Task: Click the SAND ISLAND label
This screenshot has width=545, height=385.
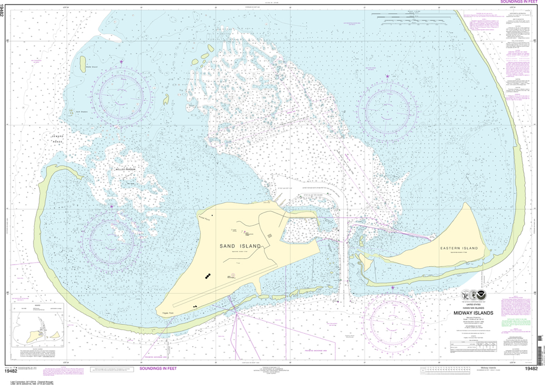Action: coord(241,246)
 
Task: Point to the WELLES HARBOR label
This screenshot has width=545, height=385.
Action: coord(126,169)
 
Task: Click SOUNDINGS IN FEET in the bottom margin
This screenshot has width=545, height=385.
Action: coord(158,368)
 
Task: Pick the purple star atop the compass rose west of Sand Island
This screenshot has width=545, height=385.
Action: coord(112,207)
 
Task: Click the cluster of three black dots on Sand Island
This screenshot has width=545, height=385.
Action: coord(207,276)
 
